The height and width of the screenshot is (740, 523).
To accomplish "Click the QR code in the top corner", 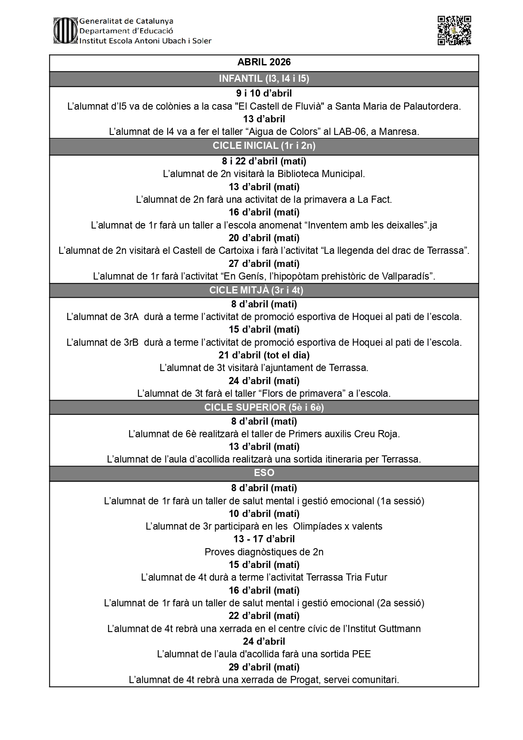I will (454, 30).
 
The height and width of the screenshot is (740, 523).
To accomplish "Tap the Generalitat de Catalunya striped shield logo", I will (65, 30).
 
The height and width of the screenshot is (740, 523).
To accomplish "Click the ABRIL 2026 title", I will (264, 62).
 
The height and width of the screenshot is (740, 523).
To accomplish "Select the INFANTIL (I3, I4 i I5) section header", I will (264, 79).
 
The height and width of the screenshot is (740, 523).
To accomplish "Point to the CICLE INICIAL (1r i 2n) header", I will (264, 146).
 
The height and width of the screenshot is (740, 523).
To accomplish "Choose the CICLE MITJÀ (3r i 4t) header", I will (256, 290).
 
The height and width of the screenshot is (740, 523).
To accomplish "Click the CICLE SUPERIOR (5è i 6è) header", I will (264, 407).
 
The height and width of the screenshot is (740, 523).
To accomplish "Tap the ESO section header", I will (264, 473).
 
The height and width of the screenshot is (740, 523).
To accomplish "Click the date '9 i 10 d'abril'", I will (264, 93).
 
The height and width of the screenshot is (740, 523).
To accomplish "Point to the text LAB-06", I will (349, 132).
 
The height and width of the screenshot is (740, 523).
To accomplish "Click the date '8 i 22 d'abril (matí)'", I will (264, 161).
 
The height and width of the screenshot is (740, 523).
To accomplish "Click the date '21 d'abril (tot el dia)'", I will (264, 355).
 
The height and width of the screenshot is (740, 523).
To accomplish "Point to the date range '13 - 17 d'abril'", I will (264, 539).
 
